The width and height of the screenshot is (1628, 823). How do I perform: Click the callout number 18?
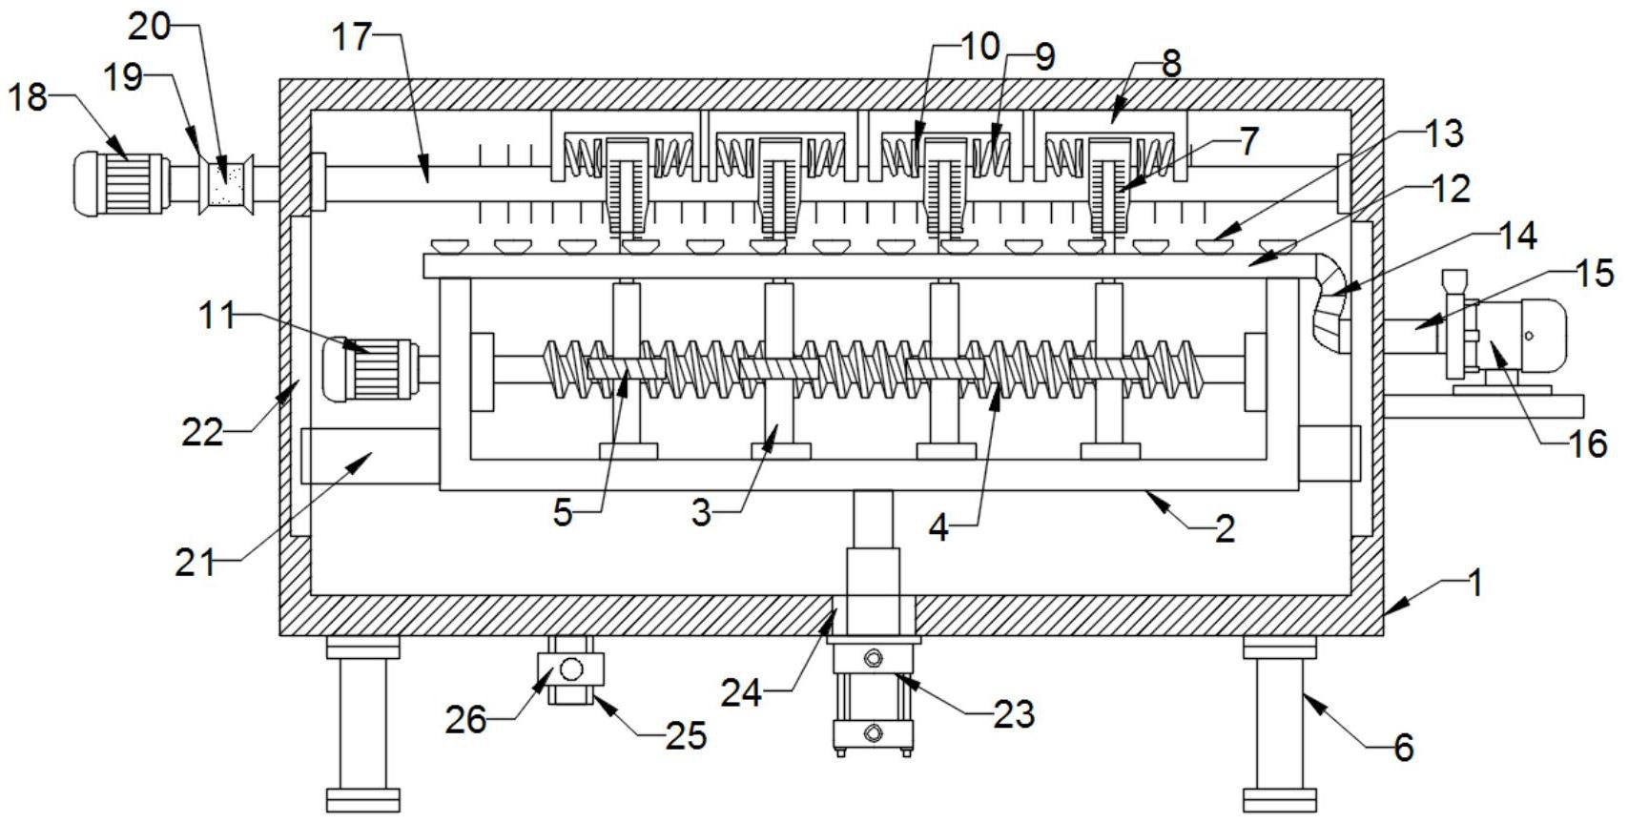coord(28,97)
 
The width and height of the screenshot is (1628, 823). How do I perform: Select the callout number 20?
coord(150,28)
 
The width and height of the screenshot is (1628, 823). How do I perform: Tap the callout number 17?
coord(351,39)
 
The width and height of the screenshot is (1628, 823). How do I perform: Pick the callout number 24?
coord(741,692)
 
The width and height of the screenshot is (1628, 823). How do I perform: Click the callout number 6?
coord(1403,748)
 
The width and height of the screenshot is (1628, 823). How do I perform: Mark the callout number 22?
coord(202,433)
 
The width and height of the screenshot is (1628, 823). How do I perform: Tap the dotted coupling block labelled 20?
coord(227,182)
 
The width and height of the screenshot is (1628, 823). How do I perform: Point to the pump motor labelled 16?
coord(1521,337)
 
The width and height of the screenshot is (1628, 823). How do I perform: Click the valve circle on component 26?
coord(570,669)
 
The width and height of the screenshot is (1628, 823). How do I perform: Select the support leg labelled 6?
coord(1279,725)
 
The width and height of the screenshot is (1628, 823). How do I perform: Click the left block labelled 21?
coord(368,456)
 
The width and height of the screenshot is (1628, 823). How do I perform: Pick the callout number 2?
coord(1225,527)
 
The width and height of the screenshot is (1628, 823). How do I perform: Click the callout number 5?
coord(563,513)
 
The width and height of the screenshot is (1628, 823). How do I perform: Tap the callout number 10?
coord(979,46)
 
